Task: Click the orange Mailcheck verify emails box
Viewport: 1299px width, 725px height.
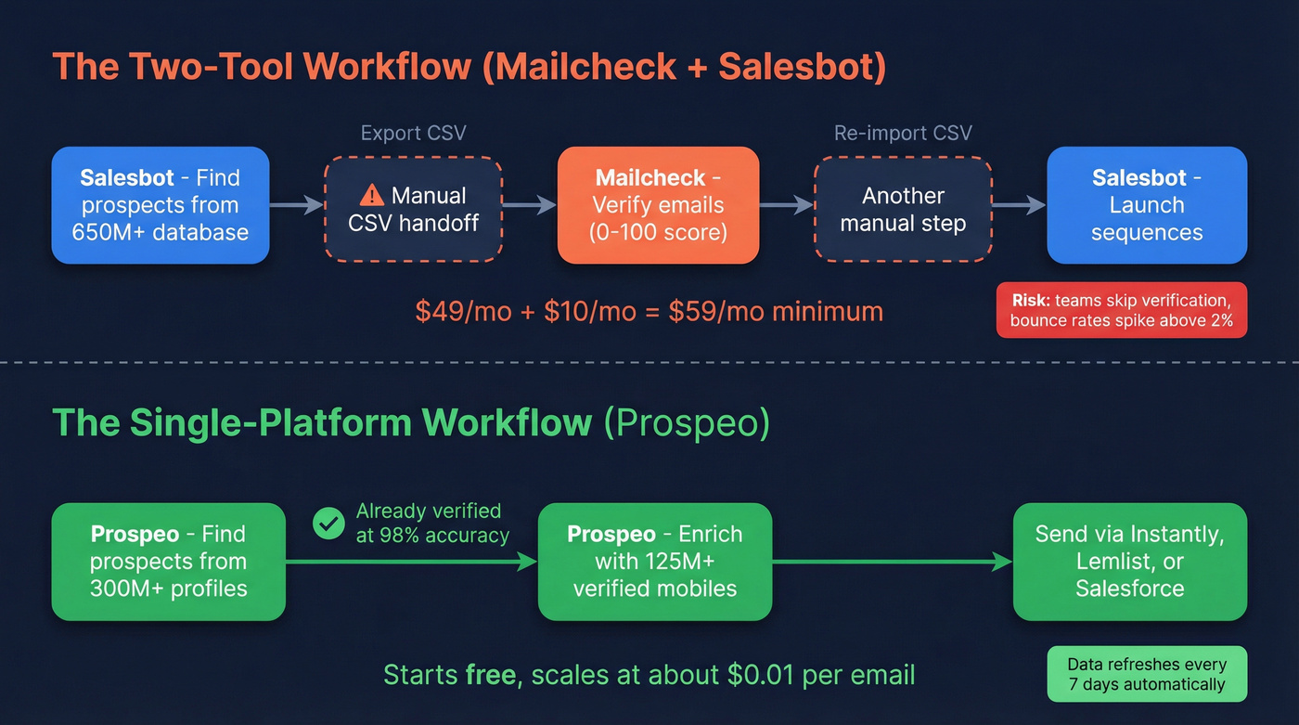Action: click(x=658, y=205)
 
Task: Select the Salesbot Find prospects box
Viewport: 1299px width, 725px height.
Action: click(x=161, y=205)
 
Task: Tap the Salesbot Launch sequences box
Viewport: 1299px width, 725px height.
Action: click(x=1147, y=205)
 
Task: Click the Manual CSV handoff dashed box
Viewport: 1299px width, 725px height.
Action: click(x=413, y=209)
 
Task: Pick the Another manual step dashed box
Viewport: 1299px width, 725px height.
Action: click(x=903, y=209)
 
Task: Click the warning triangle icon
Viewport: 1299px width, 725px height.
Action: click(x=371, y=195)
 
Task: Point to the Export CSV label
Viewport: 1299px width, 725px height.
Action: click(x=413, y=133)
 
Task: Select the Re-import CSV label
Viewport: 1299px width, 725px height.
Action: click(x=903, y=133)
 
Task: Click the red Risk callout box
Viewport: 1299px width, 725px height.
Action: click(x=1121, y=310)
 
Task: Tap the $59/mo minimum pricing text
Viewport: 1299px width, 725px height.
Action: click(x=649, y=311)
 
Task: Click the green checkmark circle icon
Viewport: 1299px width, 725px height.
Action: click(x=328, y=524)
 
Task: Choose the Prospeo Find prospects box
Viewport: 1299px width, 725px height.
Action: click(x=168, y=562)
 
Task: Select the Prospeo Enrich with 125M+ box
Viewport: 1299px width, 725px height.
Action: click(x=655, y=562)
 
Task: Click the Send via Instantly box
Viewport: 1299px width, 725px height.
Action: click(x=1129, y=562)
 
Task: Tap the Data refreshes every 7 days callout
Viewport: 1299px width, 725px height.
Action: click(x=1146, y=675)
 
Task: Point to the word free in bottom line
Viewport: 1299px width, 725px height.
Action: click(x=490, y=675)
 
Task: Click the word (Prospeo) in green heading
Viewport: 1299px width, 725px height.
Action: click(x=687, y=422)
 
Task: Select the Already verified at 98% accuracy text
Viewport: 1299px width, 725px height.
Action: click(x=432, y=524)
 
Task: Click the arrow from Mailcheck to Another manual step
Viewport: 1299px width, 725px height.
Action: click(x=786, y=205)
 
